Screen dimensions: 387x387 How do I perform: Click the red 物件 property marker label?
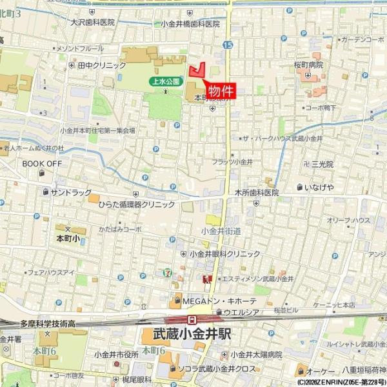pos(221,92)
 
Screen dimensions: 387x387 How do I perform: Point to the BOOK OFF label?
pos(42,164)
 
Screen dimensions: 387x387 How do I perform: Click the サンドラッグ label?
pos(71,192)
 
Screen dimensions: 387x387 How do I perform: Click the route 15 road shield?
pos(228,45)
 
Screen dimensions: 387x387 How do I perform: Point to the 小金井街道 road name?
pos(221,230)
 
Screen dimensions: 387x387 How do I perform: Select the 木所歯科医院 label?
pos(256,192)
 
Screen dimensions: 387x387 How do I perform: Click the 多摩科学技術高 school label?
pos(49,322)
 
